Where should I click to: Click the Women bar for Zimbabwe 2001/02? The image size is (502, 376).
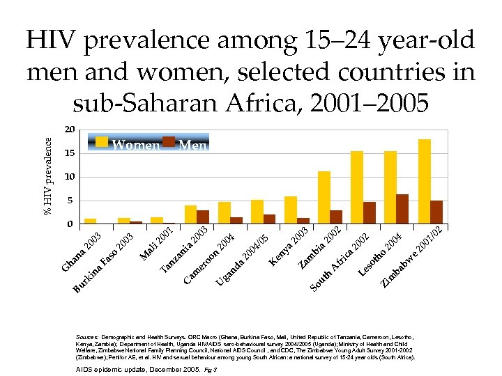(x=424, y=182)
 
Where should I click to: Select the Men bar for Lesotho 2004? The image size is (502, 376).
(x=402, y=209)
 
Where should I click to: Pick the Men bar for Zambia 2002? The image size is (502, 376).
(x=336, y=217)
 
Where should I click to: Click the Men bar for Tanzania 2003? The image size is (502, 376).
(x=203, y=217)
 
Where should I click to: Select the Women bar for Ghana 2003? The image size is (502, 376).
(x=90, y=221)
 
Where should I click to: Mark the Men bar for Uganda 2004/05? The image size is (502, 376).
(x=269, y=219)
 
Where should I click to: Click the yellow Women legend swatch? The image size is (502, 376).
(x=102, y=142)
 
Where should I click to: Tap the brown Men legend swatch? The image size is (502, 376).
(x=169, y=142)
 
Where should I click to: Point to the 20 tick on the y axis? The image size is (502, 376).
(x=69, y=130)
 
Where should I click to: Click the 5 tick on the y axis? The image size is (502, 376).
(x=69, y=201)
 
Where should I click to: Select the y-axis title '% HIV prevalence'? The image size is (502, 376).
(x=48, y=175)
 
